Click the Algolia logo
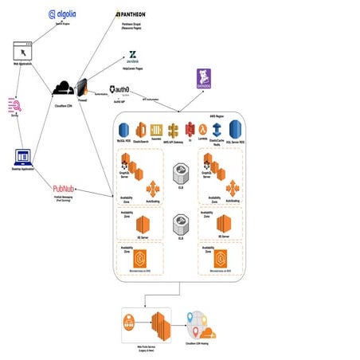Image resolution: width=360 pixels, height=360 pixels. point(63,14)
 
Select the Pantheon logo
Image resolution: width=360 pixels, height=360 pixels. point(131,14)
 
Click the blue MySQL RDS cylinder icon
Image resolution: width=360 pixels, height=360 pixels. point(123,129)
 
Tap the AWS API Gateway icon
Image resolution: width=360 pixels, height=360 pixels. point(172,129)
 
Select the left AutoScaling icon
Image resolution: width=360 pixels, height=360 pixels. point(152,187)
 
